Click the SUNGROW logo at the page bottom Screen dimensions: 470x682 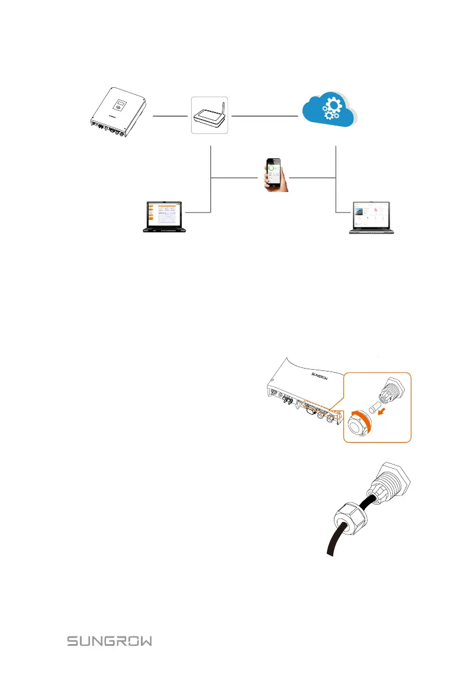click(109, 641)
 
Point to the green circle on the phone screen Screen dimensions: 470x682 click(272, 169)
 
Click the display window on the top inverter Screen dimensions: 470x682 click(120, 107)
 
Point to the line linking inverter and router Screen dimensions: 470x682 click(171, 116)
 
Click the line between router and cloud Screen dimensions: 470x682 click(263, 116)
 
